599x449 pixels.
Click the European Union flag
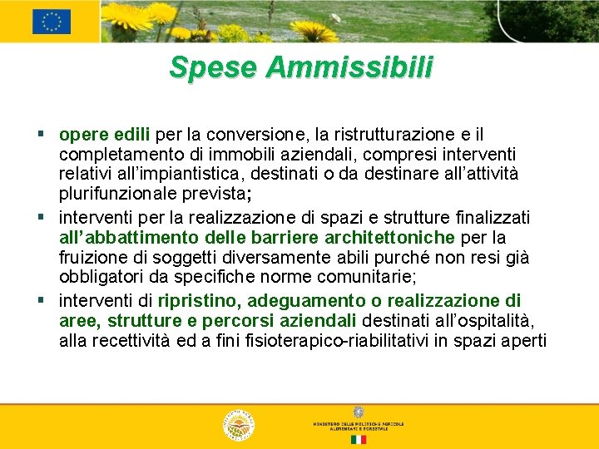pos(52,22)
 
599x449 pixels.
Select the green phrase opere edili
pos(105,135)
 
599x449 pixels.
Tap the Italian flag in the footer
pos(358,439)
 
